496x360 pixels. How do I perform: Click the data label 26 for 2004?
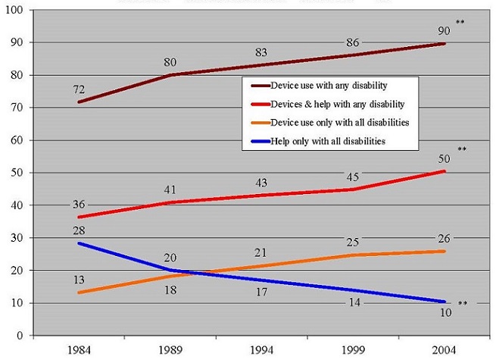coord(445,239)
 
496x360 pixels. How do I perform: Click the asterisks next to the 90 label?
coord(460,23)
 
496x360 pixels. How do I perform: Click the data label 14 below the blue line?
coord(353,302)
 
